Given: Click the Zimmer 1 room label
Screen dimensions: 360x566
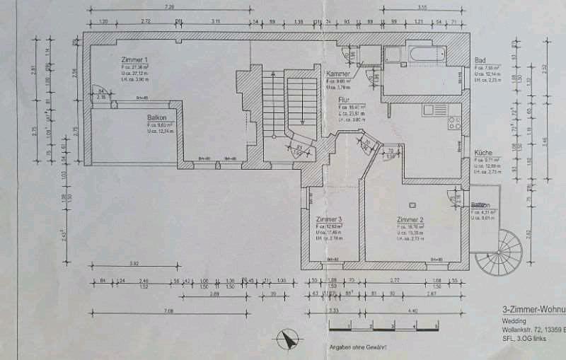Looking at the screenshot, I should coord(134,60).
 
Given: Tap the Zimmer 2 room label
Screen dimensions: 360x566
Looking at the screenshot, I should coord(410,220).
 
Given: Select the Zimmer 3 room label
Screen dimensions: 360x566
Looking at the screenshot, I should coord(329,220).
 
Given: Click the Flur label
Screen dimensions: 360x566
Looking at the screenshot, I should coord(344,100).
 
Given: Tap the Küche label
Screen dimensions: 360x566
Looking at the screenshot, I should coord(483,152).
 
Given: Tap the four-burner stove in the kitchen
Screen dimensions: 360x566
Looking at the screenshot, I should coord(454,124).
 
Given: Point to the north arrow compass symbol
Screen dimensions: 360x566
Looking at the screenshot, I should coord(287,339).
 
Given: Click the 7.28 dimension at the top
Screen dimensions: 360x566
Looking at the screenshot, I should coord(168,6).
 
